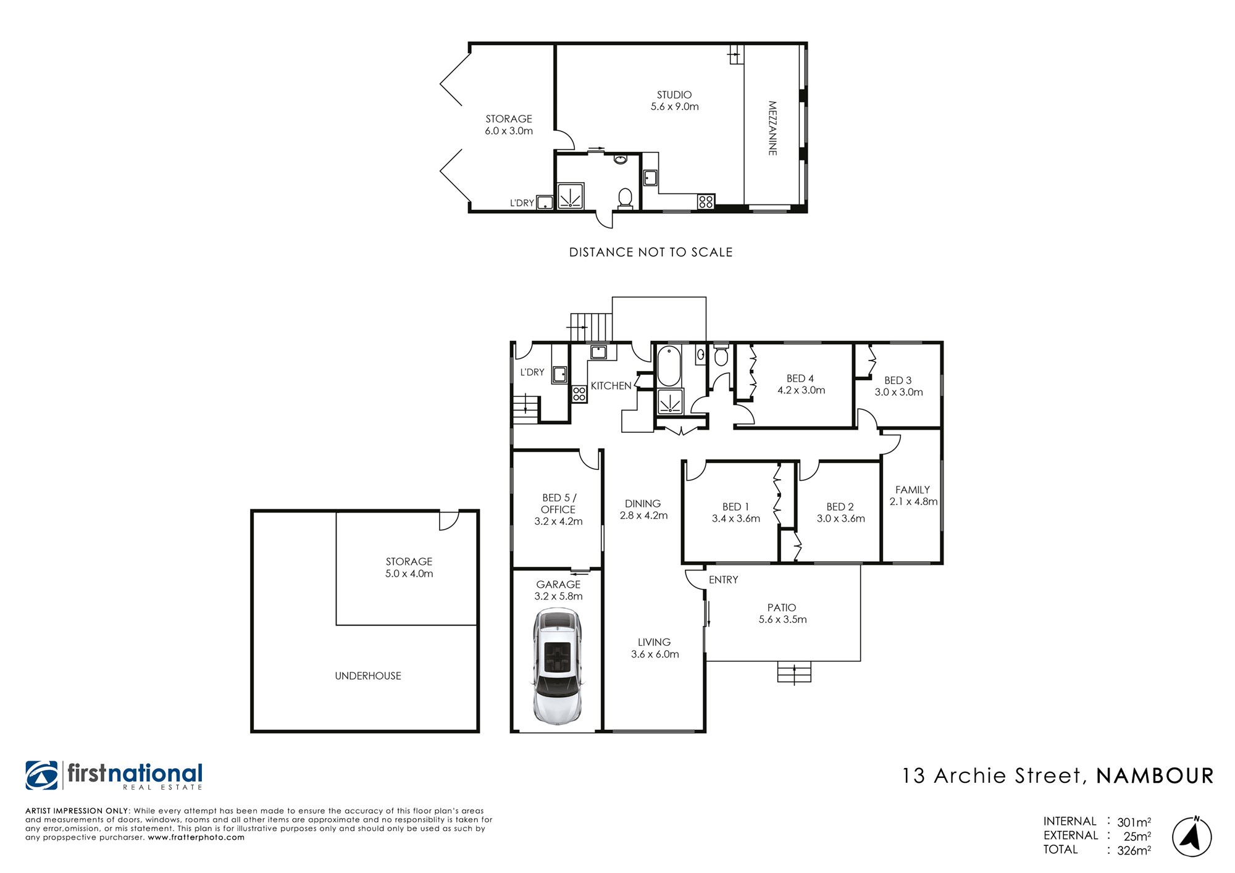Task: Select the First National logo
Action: click(x=114, y=775)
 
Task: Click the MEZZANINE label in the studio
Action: click(x=772, y=128)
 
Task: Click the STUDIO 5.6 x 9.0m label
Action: click(x=674, y=101)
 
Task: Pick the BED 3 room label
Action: click(x=898, y=380)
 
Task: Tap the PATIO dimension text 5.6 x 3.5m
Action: click(x=782, y=619)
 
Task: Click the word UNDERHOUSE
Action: click(x=368, y=676)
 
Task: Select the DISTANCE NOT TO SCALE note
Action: click(x=651, y=252)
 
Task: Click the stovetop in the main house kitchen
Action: click(x=579, y=394)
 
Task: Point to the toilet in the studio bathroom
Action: click(x=625, y=198)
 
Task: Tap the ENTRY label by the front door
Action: click(x=723, y=580)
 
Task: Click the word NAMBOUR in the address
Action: click(x=1155, y=776)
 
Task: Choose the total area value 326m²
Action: click(x=1134, y=850)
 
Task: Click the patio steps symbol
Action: click(x=794, y=672)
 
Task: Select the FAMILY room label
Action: click(x=913, y=490)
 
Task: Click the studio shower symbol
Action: click(x=571, y=196)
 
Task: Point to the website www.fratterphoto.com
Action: click(x=196, y=838)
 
